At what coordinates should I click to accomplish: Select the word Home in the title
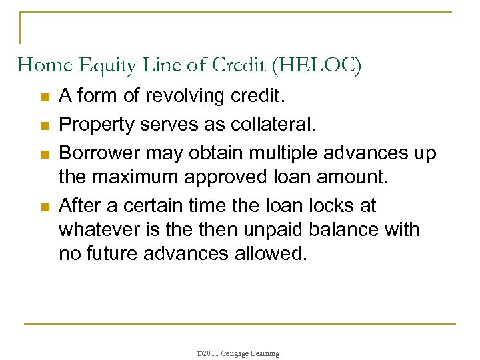[38, 66]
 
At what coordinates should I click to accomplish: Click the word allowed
[269, 254]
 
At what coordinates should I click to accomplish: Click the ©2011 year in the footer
[209, 353]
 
